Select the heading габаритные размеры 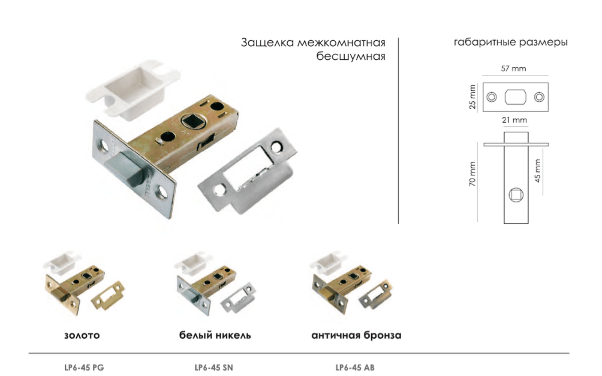click(x=511, y=43)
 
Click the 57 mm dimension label click(x=513, y=69)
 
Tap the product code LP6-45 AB click(x=355, y=367)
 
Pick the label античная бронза click(x=356, y=335)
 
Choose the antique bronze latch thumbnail click(x=348, y=286)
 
